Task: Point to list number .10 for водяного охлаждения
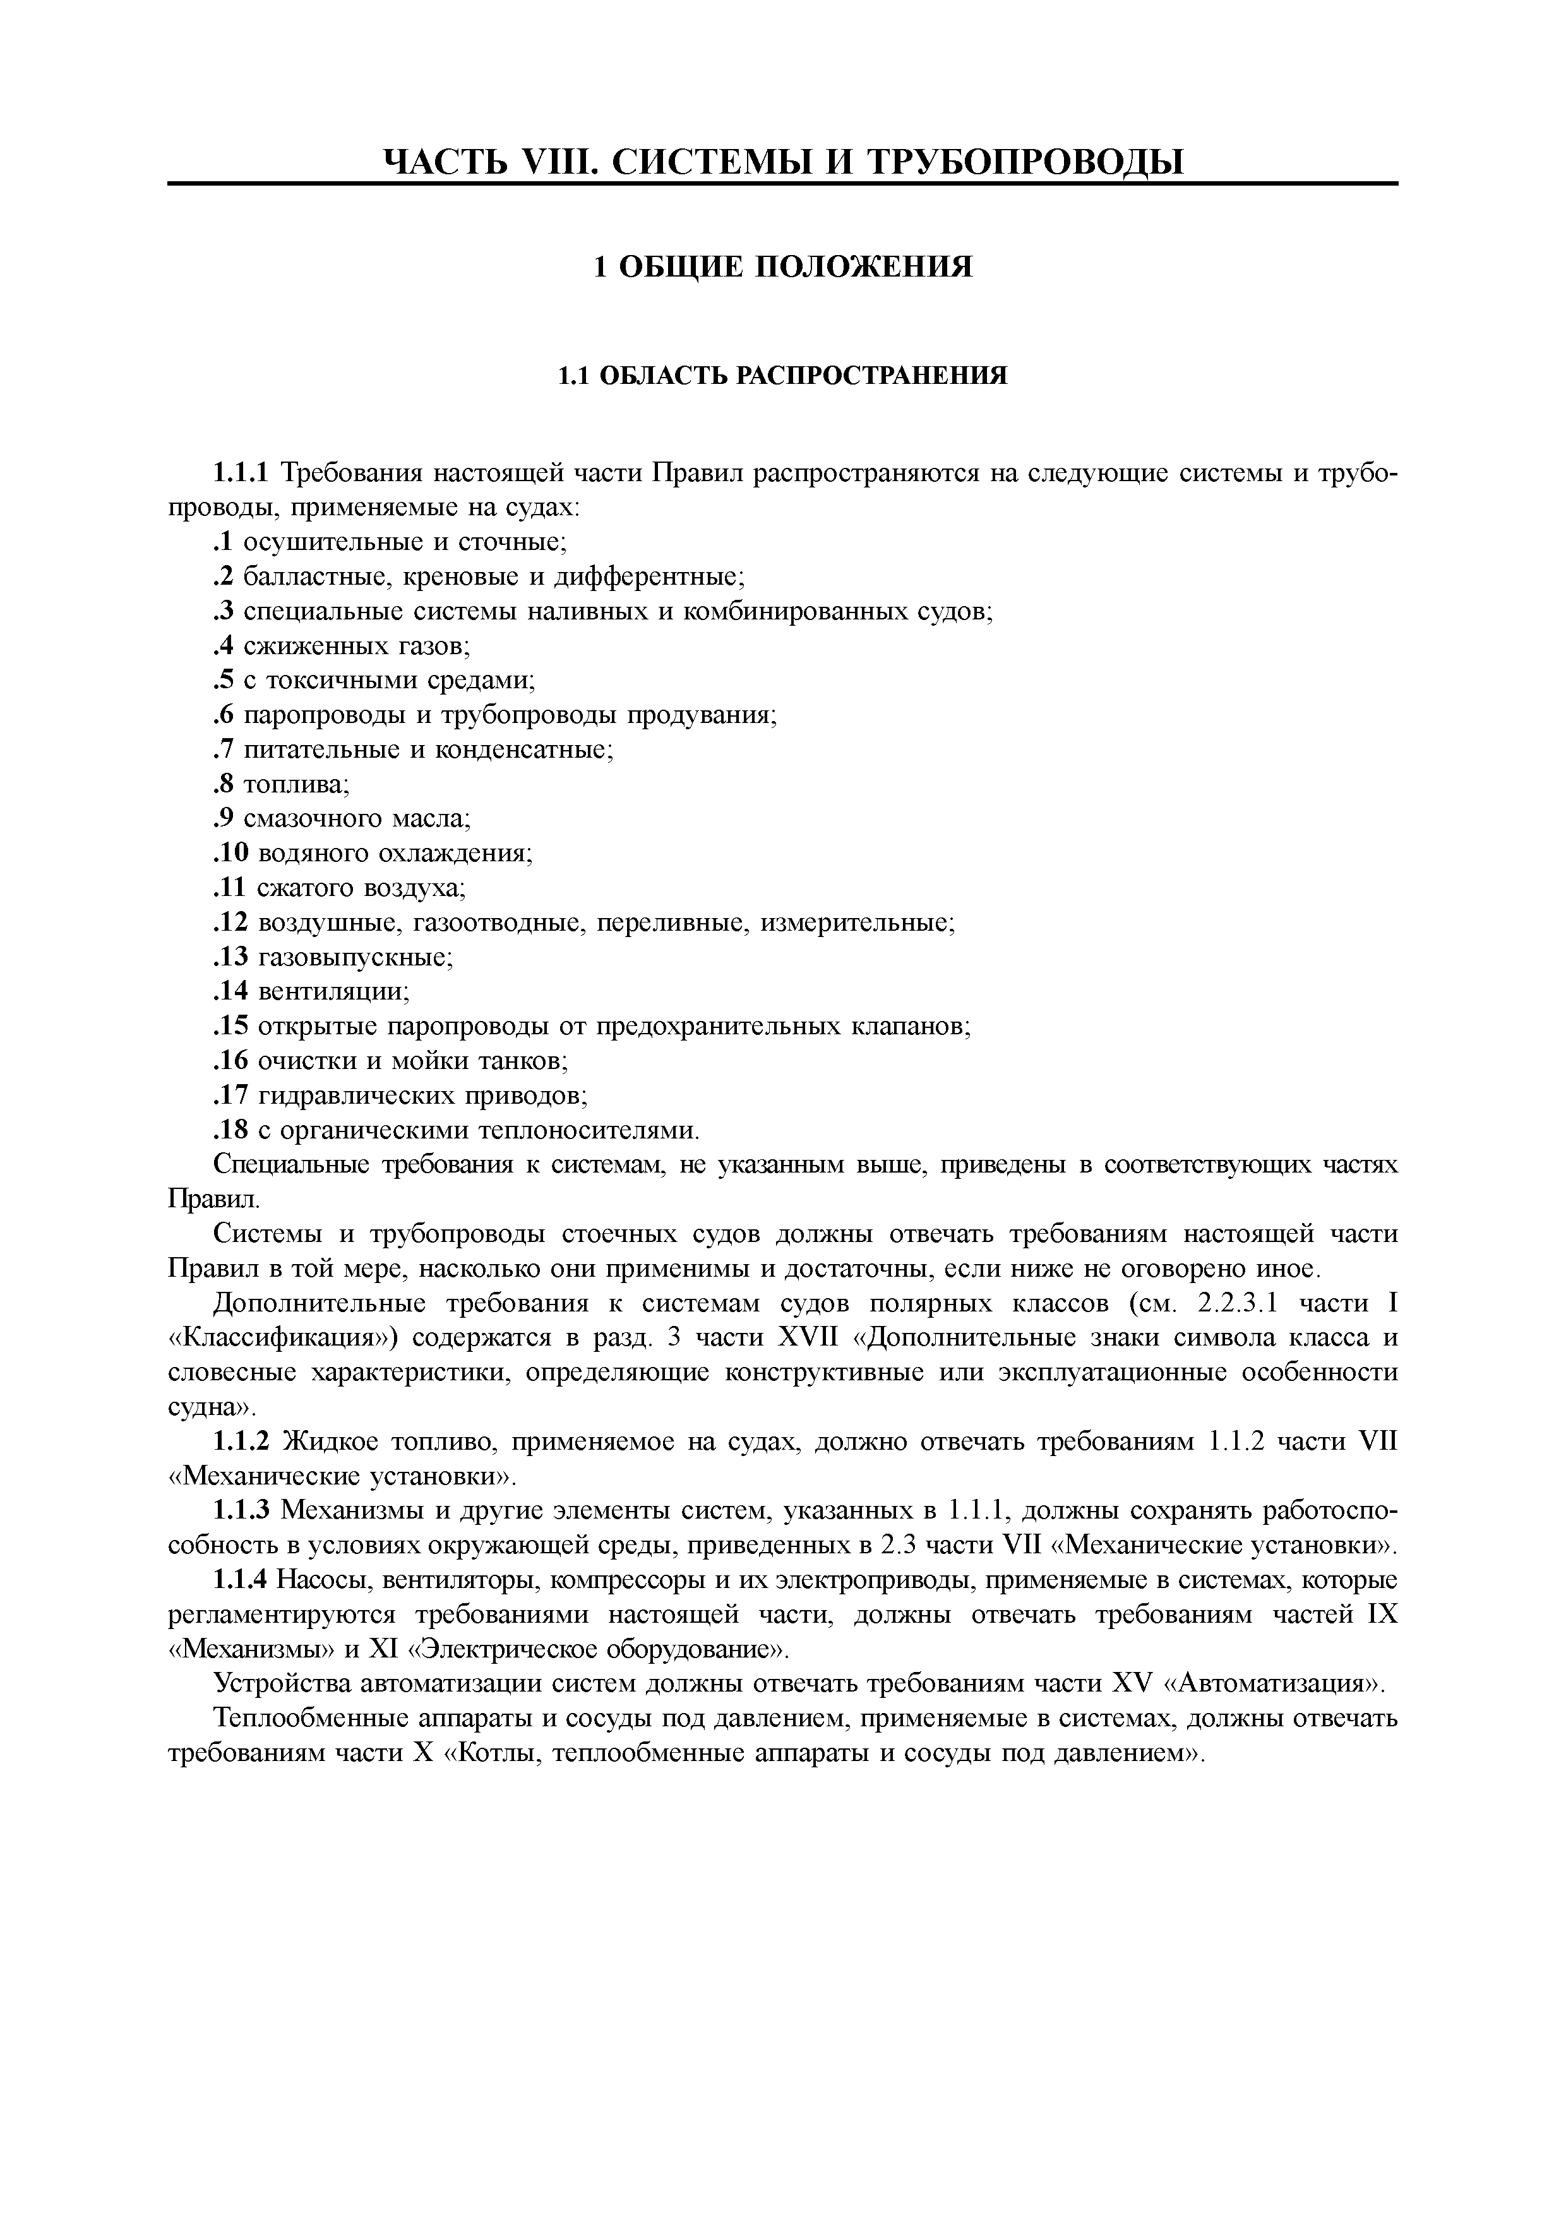(x=230, y=853)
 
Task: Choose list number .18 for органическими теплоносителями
(x=230, y=1130)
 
